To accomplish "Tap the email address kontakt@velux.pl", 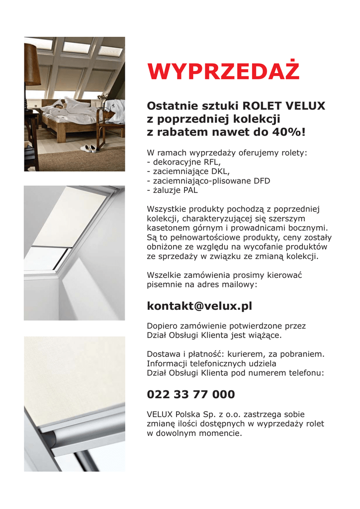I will (199, 306).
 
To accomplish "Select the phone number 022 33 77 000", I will (191, 395).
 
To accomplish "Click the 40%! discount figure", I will (289, 132).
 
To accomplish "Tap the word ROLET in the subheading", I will (262, 106).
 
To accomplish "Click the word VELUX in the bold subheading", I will (305, 106).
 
